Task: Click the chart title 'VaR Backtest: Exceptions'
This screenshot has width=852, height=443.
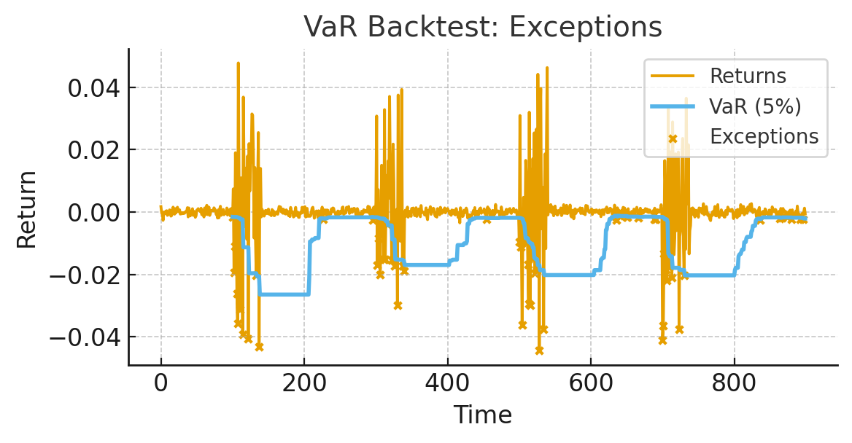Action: point(482,28)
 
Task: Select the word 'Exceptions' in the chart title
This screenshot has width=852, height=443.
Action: point(586,28)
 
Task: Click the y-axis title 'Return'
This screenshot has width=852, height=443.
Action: point(27,209)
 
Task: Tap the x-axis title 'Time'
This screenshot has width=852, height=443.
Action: point(482,415)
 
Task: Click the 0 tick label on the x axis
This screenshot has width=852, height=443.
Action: point(161,383)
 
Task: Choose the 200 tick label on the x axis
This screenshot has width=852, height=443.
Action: point(304,383)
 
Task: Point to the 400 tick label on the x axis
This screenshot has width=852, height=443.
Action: point(447,383)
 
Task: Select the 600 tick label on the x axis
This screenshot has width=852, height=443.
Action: point(590,383)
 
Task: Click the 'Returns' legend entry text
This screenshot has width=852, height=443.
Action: point(748,76)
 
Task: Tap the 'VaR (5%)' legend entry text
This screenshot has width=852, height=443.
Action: point(755,106)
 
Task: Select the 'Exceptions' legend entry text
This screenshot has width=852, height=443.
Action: point(764,136)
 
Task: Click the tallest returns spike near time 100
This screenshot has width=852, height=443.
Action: point(238,63)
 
